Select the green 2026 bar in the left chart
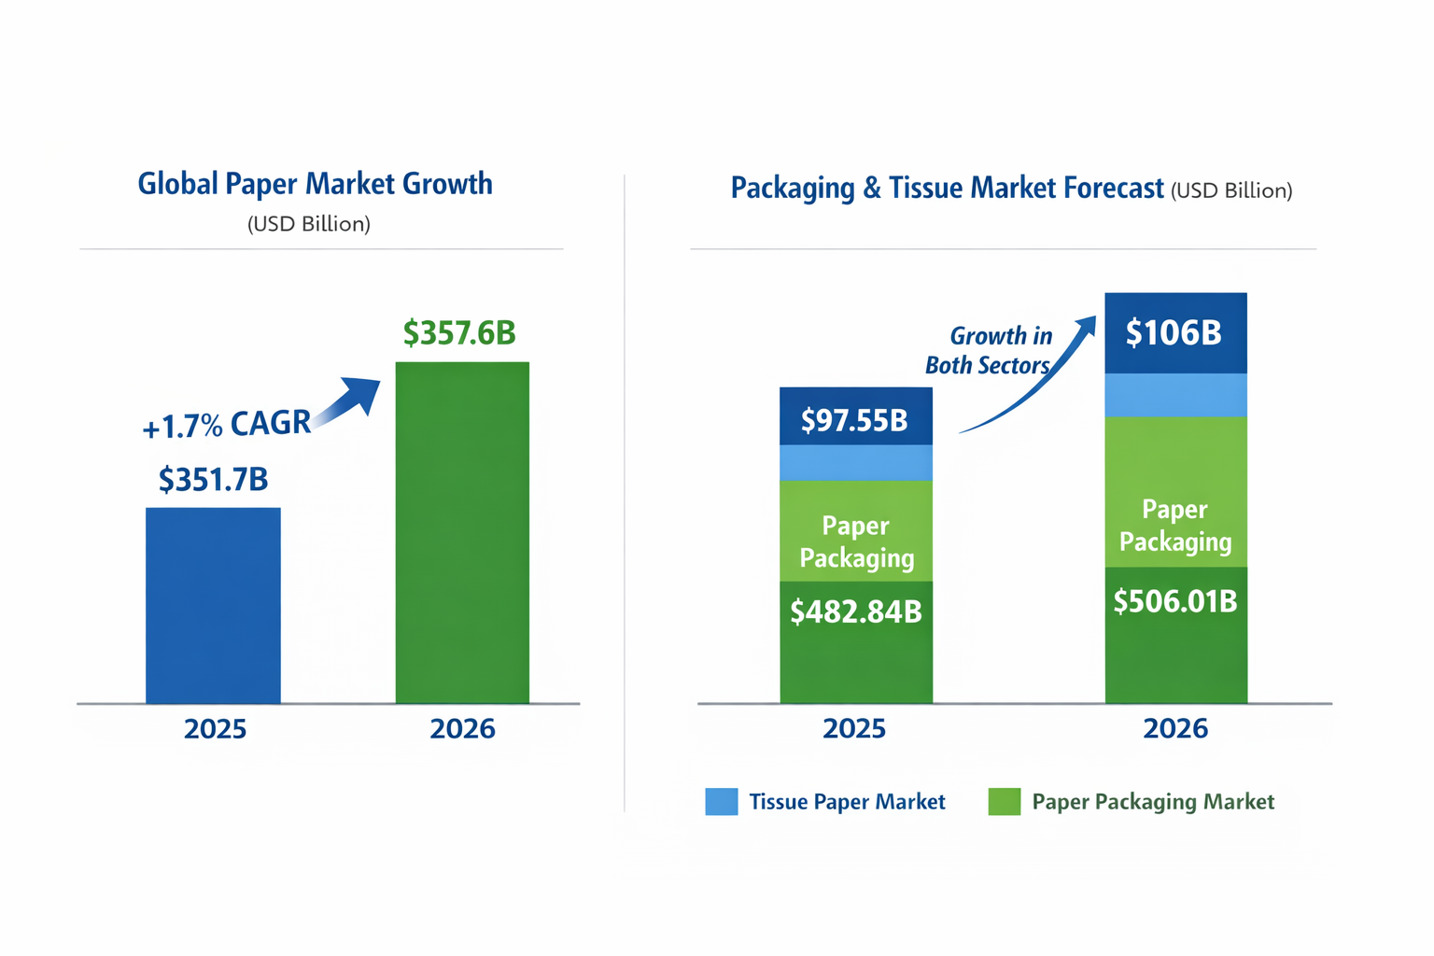coord(462,532)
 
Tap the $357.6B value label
coord(459,333)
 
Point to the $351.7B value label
coord(214,480)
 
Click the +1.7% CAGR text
coord(226,425)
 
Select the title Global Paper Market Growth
coord(315,184)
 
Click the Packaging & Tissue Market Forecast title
coord(947,189)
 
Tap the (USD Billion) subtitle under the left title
coord(309,224)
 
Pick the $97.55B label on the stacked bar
coord(854,421)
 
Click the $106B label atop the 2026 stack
coord(1174,333)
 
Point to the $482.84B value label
coord(855,612)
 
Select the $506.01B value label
coord(1174,602)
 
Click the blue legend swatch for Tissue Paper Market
coord(721,802)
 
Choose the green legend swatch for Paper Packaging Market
coord(1004,802)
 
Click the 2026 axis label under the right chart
coord(1174,729)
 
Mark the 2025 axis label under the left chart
coord(215,729)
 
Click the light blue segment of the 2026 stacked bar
coord(1175,395)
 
